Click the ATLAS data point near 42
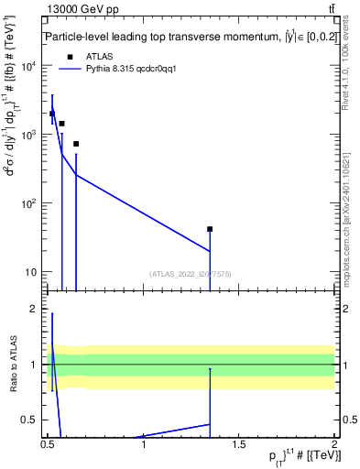click(210, 229)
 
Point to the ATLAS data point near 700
click(76, 144)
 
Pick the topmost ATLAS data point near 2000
click(52, 114)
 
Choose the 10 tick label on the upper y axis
click(32, 272)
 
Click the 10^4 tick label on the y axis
click(30, 66)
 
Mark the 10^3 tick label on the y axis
click(30, 135)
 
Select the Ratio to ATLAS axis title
click(13, 364)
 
